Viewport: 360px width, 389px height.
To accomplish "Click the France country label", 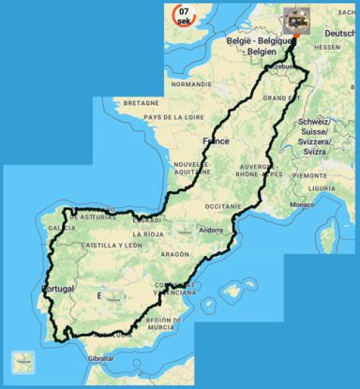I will tap(216, 142).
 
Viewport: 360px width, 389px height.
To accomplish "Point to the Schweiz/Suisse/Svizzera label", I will tap(327, 138).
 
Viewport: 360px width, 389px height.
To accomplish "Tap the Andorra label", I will tap(211, 230).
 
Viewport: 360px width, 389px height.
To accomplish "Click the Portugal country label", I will tap(57, 289).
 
